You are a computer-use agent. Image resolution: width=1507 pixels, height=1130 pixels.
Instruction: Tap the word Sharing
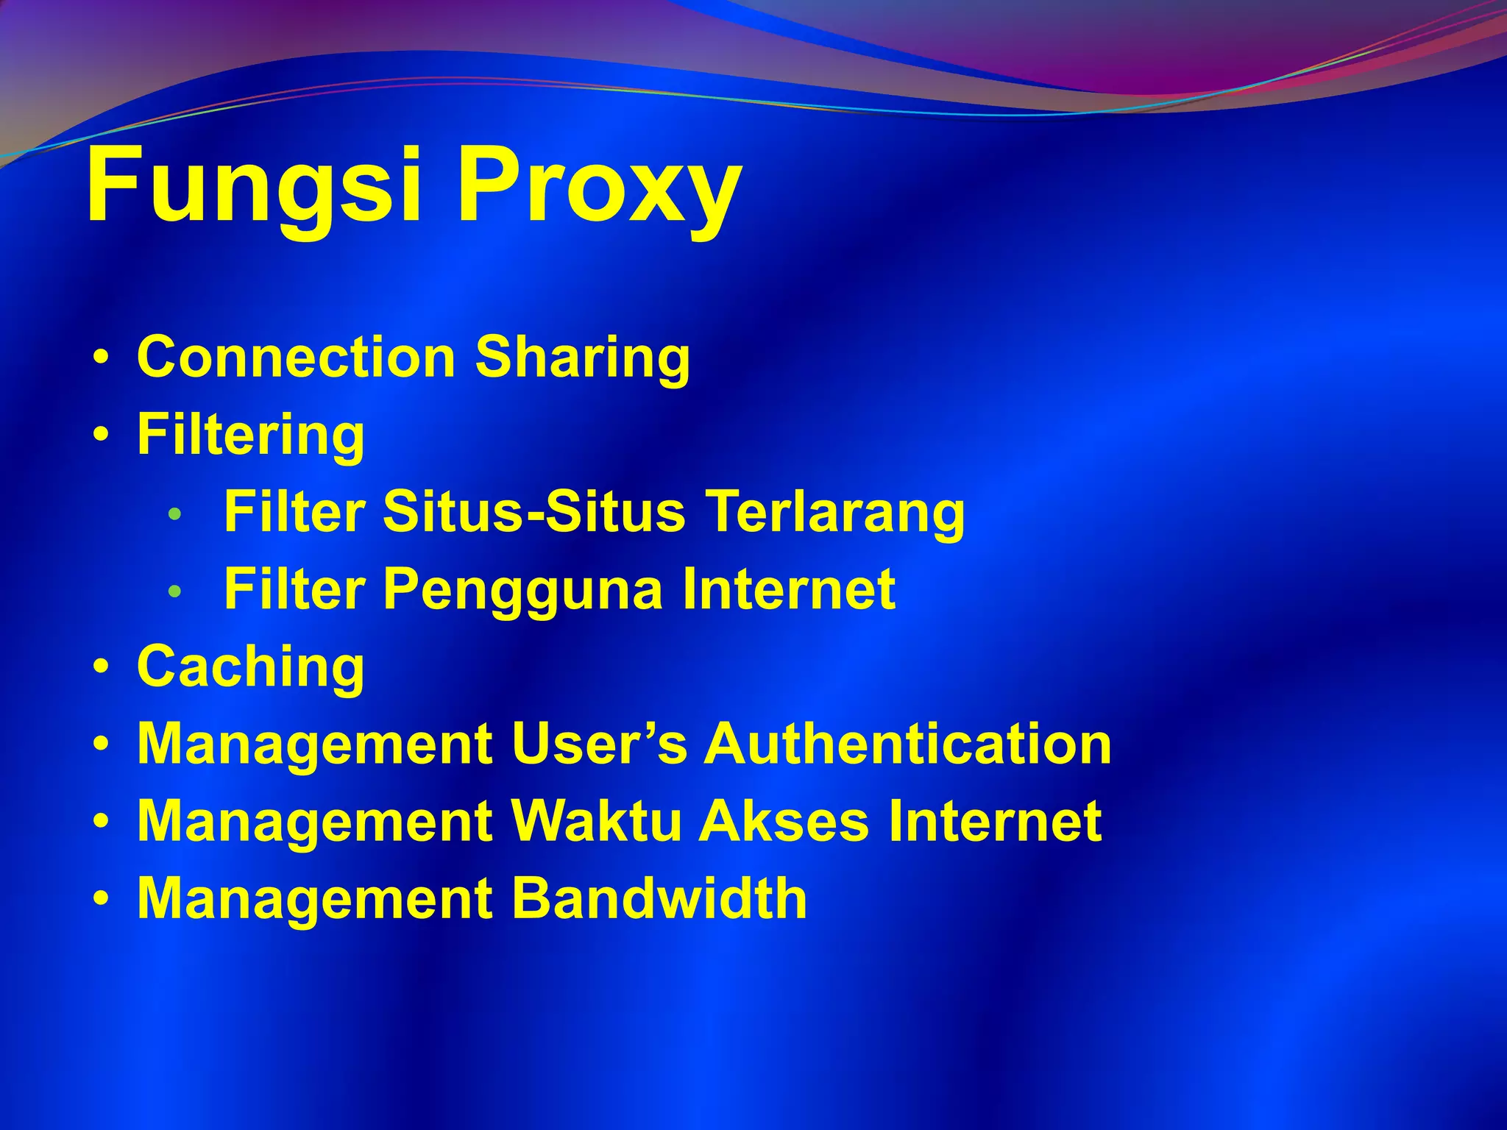point(582,359)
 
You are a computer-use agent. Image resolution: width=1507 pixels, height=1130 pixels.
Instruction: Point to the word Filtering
point(251,436)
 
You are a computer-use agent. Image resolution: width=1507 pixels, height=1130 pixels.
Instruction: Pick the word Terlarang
point(835,513)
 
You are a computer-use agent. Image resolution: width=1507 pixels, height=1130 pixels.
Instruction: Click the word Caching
point(251,668)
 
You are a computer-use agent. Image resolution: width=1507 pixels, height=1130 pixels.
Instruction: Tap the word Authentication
point(907,744)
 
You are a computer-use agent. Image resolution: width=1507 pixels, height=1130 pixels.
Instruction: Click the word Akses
point(784,821)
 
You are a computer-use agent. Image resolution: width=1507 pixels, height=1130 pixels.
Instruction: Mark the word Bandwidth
point(659,898)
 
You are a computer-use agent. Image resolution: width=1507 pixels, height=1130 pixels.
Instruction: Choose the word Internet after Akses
point(995,821)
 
